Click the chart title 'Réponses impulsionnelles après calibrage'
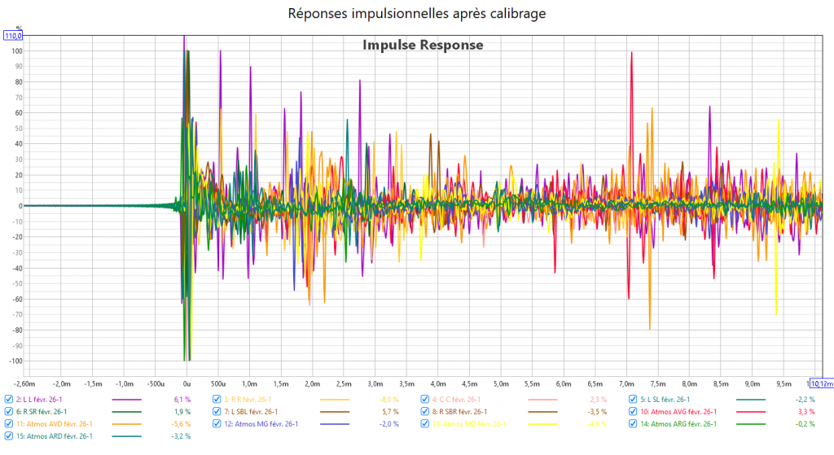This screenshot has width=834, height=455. tap(416, 13)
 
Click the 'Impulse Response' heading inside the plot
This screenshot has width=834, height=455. tap(423, 45)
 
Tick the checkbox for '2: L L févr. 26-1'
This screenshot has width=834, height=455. tap(8, 400)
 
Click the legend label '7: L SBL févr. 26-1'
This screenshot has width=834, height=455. tap(256, 412)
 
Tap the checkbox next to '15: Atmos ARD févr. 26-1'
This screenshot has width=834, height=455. tap(8, 436)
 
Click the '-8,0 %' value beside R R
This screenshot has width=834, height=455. tap(389, 400)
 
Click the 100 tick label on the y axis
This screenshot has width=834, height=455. tap(15, 50)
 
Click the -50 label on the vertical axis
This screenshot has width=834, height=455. tap(15, 282)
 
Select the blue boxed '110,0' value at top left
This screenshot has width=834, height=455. tap(13, 36)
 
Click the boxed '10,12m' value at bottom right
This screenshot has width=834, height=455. tap(820, 383)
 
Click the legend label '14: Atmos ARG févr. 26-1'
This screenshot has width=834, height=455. tap(679, 424)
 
